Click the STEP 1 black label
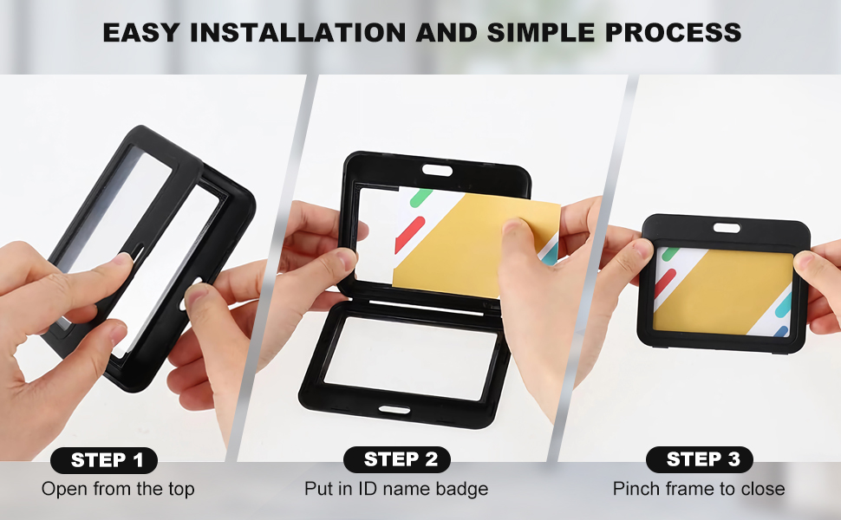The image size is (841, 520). click(x=104, y=460)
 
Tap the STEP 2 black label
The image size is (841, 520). click(x=397, y=459)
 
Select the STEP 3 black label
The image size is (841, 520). click(x=700, y=459)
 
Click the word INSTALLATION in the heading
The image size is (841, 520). click(x=298, y=33)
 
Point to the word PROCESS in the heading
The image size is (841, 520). click(x=673, y=33)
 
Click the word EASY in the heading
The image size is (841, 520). click(x=141, y=33)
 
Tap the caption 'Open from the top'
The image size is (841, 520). click(x=118, y=489)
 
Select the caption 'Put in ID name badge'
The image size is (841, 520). click(x=396, y=489)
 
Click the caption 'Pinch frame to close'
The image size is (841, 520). click(x=699, y=489)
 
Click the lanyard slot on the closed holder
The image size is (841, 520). click(x=727, y=229)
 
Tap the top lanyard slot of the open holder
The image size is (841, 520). click(x=437, y=171)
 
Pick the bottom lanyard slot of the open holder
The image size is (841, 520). click(x=394, y=410)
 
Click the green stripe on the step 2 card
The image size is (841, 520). click(x=421, y=198)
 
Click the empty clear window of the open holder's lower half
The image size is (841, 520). click(x=410, y=358)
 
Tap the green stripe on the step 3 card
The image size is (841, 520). click(x=670, y=254)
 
